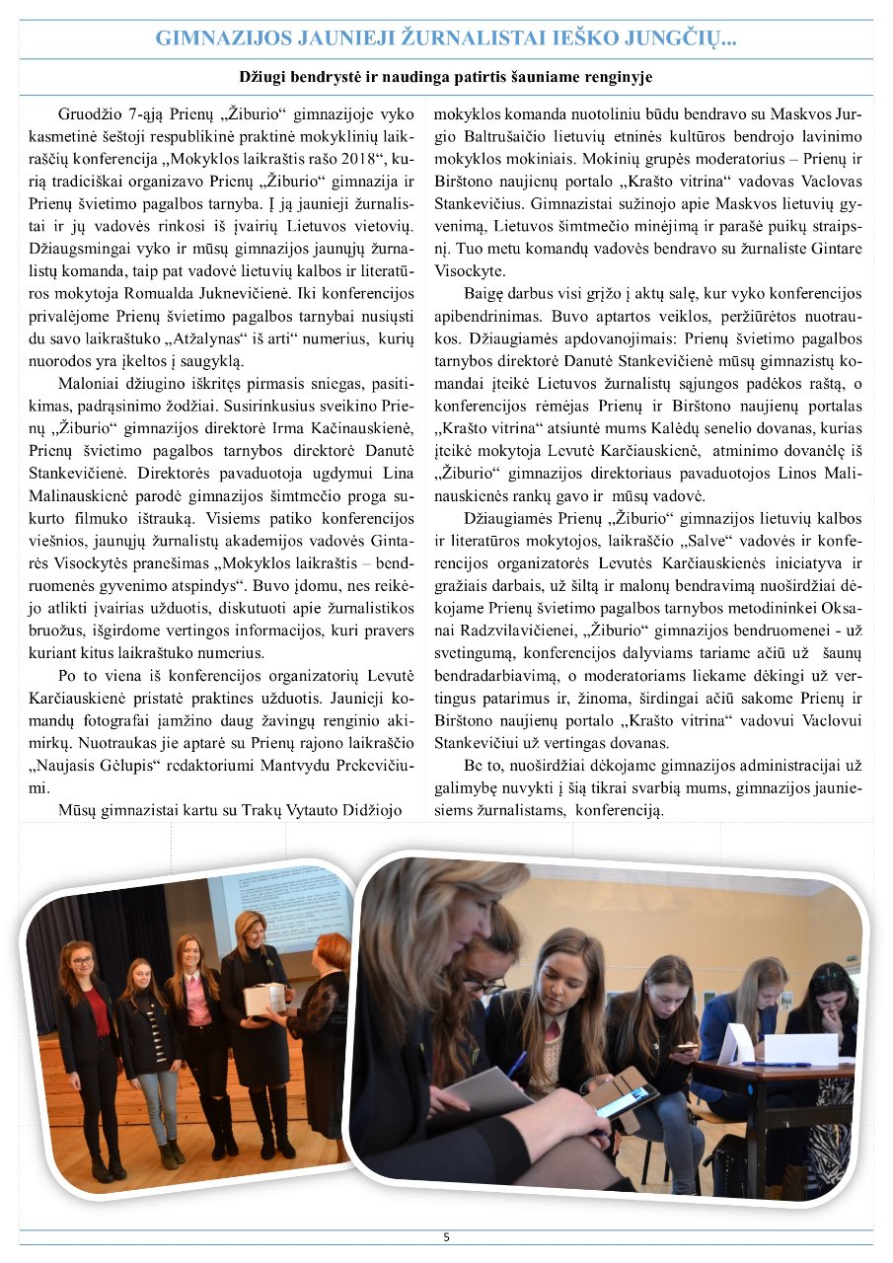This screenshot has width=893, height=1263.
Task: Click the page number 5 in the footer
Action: click(446, 1237)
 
